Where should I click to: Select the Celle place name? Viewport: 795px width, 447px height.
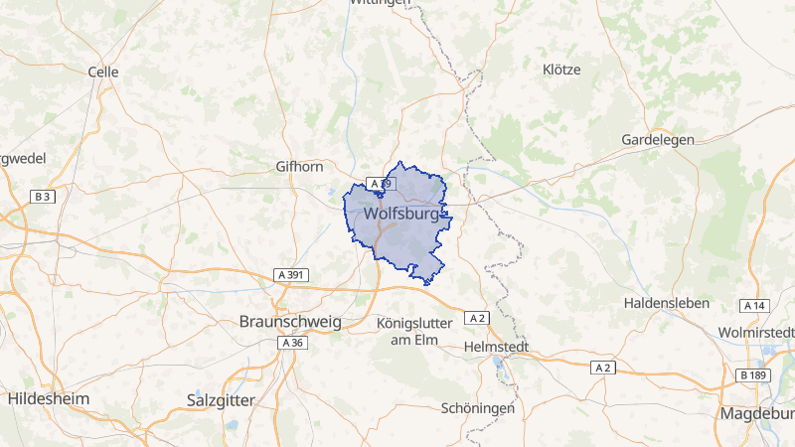[103, 72]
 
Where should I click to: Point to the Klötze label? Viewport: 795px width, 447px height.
[561, 70]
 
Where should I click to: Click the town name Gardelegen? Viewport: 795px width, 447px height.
[658, 140]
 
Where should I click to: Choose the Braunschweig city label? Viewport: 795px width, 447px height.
[290, 322]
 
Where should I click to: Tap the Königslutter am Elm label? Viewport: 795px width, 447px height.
[415, 333]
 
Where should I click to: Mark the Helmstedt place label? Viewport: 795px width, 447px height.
[497, 348]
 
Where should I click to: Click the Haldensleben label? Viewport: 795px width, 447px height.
[668, 302]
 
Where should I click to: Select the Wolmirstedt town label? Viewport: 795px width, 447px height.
[756, 331]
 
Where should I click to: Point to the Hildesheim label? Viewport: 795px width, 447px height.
[48, 398]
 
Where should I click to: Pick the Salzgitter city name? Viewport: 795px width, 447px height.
[221, 399]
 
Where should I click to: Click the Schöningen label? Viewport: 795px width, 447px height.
[478, 408]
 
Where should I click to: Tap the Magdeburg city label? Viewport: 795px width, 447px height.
[756, 413]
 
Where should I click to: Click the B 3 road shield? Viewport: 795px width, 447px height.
[42, 197]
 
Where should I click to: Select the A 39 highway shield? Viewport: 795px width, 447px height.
[382, 184]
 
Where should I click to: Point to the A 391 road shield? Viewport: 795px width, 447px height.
[290, 274]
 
